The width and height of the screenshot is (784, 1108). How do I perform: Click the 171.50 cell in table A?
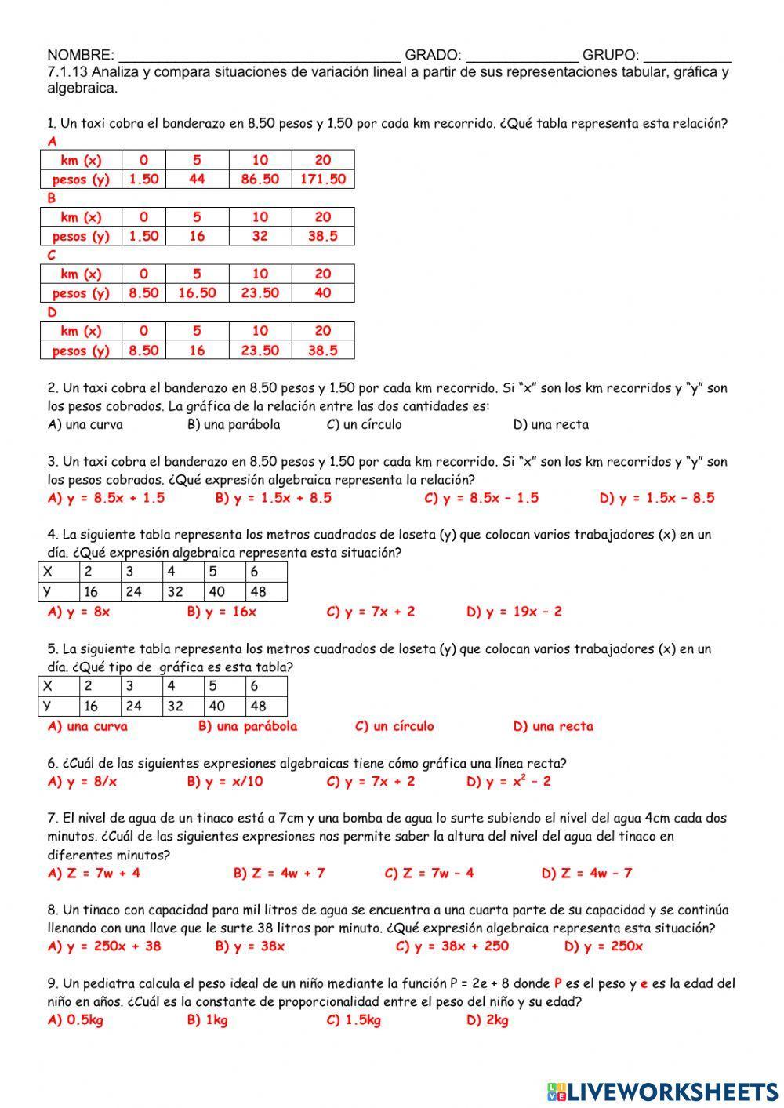coord(322,179)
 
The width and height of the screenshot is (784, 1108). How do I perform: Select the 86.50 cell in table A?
coord(260,179)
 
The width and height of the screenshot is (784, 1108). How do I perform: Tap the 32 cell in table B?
coord(260,236)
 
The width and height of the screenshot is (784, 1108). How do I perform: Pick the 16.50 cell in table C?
coord(197,293)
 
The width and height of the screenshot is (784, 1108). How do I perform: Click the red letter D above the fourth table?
coord(53,312)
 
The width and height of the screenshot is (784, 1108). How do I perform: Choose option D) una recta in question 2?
coord(550,425)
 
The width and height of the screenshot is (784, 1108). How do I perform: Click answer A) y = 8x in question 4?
coord(78,612)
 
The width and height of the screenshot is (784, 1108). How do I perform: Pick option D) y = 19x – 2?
coord(514,612)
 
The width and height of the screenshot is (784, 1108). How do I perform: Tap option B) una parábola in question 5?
coord(248,726)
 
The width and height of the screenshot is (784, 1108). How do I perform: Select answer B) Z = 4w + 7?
coord(278,873)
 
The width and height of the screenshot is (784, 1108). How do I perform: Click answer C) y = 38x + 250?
coord(452,946)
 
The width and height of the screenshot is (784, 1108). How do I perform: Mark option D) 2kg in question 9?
coord(487,1020)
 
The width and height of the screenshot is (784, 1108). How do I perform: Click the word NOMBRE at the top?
coord(80,55)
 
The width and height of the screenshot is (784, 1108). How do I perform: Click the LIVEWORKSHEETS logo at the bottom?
coord(662,1090)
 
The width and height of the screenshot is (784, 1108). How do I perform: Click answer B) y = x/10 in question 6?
coord(225,782)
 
